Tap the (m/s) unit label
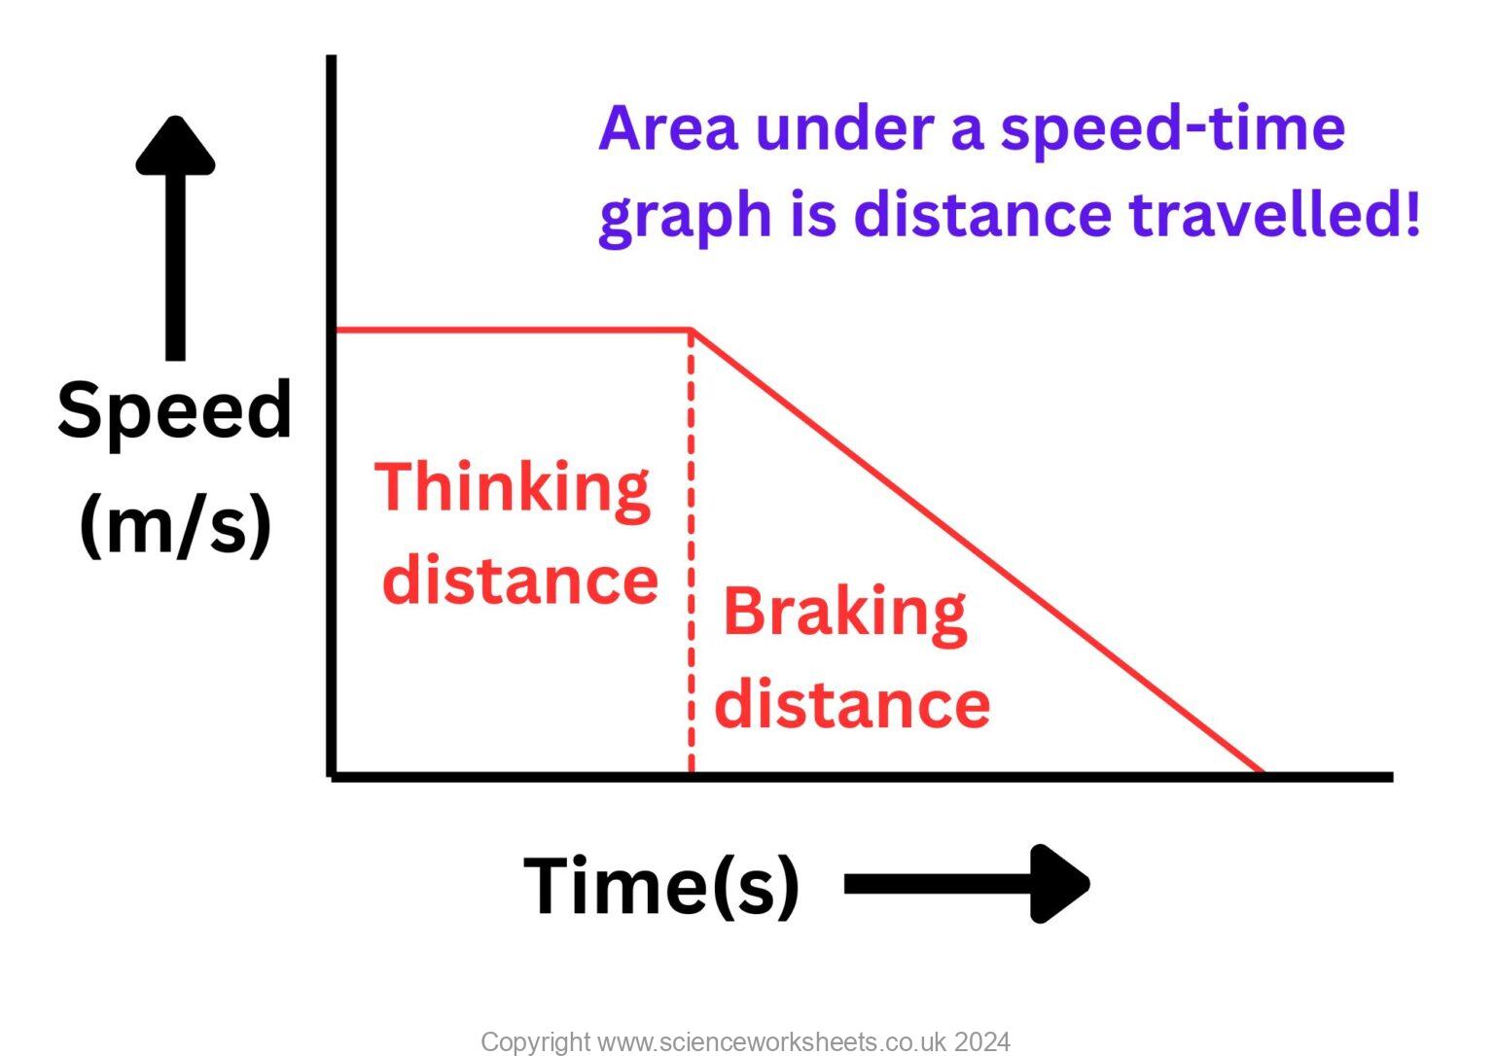[175, 525]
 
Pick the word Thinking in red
[513, 489]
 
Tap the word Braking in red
[844, 614]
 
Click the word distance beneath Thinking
[520, 581]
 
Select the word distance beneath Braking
[852, 704]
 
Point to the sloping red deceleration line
[973, 549]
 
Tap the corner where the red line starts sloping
[692, 331]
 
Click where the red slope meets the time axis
[1263, 772]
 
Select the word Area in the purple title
[668, 128]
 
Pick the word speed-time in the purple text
[1172, 128]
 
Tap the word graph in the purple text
[685, 216]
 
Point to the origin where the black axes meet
[333, 775]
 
